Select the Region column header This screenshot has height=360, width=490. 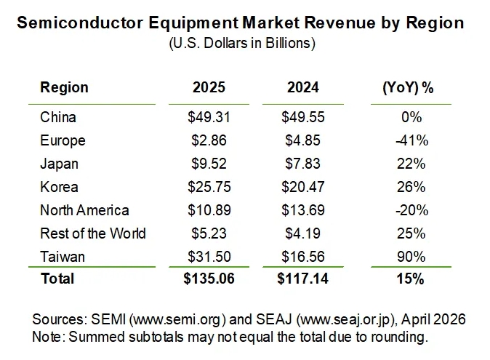(x=64, y=88)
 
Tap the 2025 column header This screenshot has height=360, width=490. (x=209, y=88)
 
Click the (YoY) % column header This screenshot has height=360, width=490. (x=407, y=88)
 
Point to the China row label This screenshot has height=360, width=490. (x=58, y=117)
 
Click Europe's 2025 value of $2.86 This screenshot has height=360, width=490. (x=209, y=140)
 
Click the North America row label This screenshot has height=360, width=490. (x=84, y=210)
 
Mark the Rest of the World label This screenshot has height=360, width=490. (x=93, y=233)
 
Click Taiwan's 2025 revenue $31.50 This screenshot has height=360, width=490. (x=209, y=257)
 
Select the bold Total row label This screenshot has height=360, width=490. (x=57, y=279)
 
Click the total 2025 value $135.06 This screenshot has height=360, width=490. (x=209, y=279)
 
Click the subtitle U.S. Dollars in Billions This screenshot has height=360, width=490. (x=241, y=44)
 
